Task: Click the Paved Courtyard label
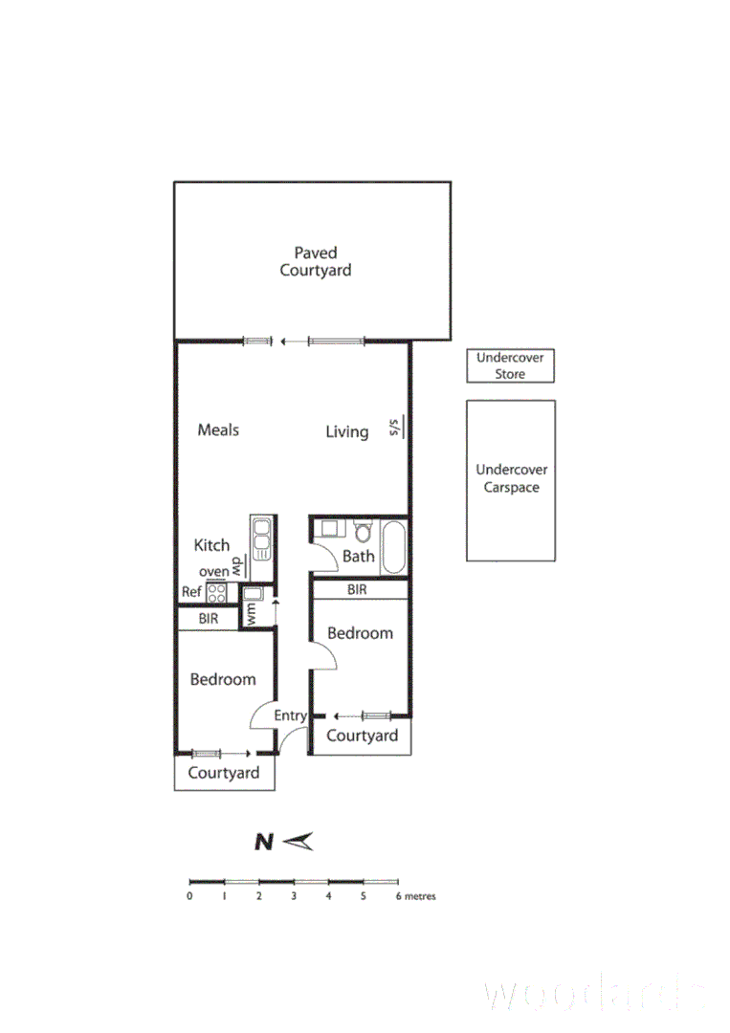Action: click(x=315, y=261)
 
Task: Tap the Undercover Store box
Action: click(x=510, y=365)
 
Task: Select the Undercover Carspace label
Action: click(x=511, y=478)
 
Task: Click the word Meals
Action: click(x=218, y=429)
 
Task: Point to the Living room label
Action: click(x=346, y=431)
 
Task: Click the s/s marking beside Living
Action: click(x=393, y=426)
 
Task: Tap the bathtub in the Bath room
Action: click(x=394, y=547)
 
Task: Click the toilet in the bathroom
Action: click(x=363, y=531)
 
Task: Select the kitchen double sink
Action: click(x=261, y=539)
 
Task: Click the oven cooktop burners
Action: click(x=216, y=592)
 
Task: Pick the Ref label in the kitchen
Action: click(x=191, y=592)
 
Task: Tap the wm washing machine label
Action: click(x=252, y=612)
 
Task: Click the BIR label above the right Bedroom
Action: click(x=357, y=590)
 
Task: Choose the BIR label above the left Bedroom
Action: click(x=208, y=619)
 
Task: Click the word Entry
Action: click(x=290, y=715)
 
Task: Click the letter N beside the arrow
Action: click(x=264, y=842)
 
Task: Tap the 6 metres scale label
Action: click(x=415, y=896)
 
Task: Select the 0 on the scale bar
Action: click(x=190, y=896)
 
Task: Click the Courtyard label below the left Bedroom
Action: click(x=223, y=773)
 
